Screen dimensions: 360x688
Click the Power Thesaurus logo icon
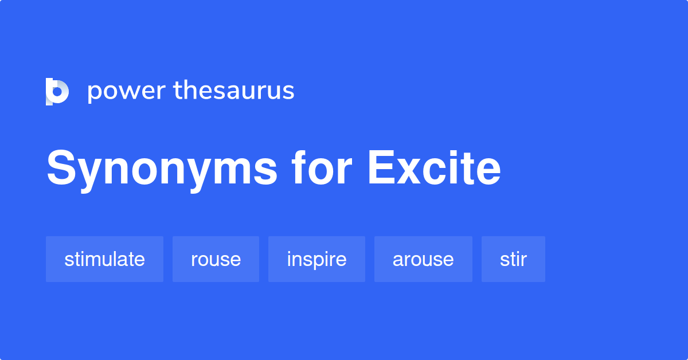point(57,92)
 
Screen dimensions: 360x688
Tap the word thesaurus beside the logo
point(234,91)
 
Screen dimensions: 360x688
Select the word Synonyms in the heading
point(162,169)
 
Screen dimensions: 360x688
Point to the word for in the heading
point(321,168)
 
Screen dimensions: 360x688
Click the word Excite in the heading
point(434,168)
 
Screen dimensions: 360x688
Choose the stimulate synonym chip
point(104,259)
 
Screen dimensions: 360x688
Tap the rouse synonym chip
point(216,259)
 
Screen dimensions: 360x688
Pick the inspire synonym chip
point(316,259)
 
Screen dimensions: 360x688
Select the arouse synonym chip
point(423,259)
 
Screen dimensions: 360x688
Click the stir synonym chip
point(513,259)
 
